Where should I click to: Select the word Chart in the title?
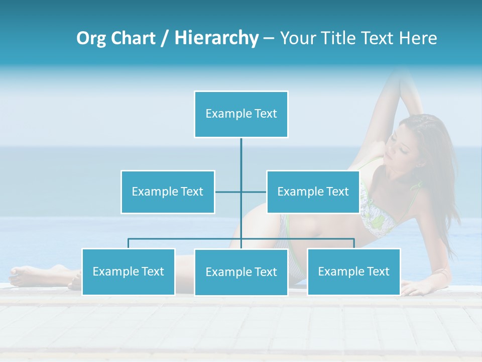click(x=134, y=38)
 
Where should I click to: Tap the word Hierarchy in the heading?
click(x=216, y=38)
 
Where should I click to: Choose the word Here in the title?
click(x=418, y=38)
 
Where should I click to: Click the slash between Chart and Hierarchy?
click(x=165, y=39)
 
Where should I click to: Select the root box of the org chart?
click(x=241, y=114)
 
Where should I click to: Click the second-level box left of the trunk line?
click(x=168, y=192)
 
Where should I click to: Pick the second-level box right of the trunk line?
click(x=313, y=192)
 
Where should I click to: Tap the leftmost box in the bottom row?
click(x=128, y=271)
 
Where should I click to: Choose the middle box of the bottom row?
click(x=241, y=272)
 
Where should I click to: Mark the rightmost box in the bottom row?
click(x=353, y=271)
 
